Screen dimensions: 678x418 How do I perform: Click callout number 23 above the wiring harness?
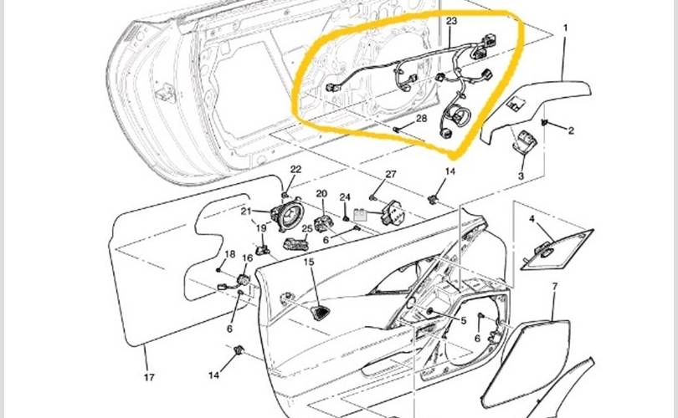(x=451, y=20)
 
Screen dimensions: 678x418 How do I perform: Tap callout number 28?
(x=421, y=118)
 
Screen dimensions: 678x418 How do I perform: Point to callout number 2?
(x=571, y=130)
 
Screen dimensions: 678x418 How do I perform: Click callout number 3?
(x=521, y=176)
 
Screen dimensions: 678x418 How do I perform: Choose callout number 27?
(x=390, y=174)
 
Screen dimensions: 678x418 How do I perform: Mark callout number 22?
(x=295, y=169)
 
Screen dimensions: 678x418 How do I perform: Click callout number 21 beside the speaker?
(x=246, y=212)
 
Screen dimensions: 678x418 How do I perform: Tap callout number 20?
(x=321, y=193)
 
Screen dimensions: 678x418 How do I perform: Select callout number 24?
(x=345, y=197)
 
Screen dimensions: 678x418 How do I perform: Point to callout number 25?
(x=307, y=229)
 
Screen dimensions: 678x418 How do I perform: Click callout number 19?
(x=261, y=228)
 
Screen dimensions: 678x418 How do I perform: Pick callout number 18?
(x=230, y=254)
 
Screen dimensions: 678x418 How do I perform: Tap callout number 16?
(x=247, y=258)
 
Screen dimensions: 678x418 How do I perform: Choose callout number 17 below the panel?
(x=149, y=377)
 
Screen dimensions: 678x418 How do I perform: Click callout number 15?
(x=309, y=262)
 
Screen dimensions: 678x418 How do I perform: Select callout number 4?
(x=532, y=219)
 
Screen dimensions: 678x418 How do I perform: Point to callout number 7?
(x=555, y=286)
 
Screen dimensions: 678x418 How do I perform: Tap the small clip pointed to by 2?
(x=544, y=123)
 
